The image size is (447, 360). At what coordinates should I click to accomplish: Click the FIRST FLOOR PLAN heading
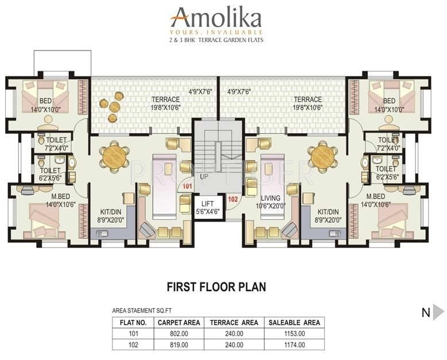(x=216, y=286)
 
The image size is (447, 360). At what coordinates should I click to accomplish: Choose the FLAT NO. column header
(x=133, y=323)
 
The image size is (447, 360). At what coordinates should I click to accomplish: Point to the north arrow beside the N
(x=438, y=312)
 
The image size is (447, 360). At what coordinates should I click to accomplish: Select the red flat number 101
(x=187, y=187)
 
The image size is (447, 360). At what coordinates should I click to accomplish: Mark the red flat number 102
(x=232, y=199)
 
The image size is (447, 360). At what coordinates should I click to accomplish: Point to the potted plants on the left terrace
(x=111, y=105)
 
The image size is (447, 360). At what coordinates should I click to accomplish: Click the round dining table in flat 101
(x=114, y=154)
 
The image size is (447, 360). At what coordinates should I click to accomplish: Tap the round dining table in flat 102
(x=322, y=154)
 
